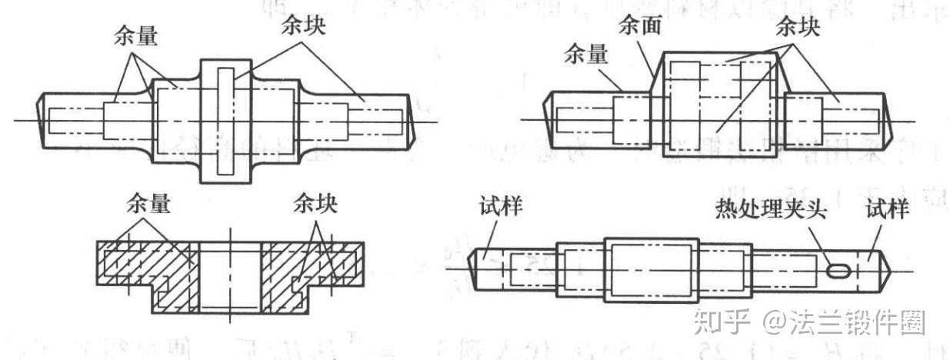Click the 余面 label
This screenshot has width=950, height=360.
[639, 27]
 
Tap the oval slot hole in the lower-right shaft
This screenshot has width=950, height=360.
[839, 270]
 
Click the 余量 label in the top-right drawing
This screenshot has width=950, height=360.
[585, 55]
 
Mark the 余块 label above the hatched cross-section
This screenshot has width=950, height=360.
[315, 205]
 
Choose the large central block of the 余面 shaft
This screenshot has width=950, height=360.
[720, 105]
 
